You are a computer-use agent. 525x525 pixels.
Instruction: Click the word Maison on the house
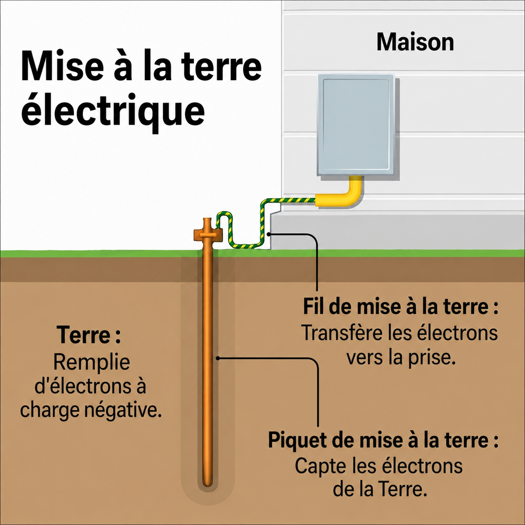(x=415, y=42)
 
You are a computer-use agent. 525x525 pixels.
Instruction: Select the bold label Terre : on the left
(x=88, y=335)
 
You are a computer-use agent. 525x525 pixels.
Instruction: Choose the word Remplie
(x=92, y=363)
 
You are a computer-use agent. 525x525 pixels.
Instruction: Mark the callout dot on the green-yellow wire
(x=269, y=234)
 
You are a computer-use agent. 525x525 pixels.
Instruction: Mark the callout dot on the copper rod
(x=218, y=358)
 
